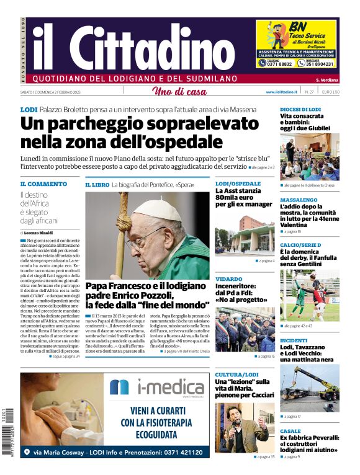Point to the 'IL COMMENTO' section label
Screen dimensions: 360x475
pyautogui.click(x=43, y=184)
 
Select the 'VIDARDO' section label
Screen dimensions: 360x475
pyautogui.click(x=229, y=280)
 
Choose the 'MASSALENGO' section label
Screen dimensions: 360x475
pyautogui.click(x=299, y=200)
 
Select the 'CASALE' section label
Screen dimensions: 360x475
pyautogui.click(x=290, y=431)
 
